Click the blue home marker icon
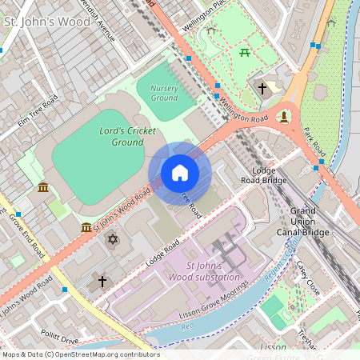[x=180, y=173]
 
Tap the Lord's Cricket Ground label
[x=122, y=136]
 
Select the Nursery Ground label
[x=163, y=92]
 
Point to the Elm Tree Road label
[x=39, y=111]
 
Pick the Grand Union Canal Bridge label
[x=304, y=222]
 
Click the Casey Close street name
[x=307, y=277]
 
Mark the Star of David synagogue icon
[x=113, y=239]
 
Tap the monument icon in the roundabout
[x=283, y=118]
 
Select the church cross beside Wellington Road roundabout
[x=262, y=87]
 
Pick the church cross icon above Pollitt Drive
[x=102, y=281]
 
